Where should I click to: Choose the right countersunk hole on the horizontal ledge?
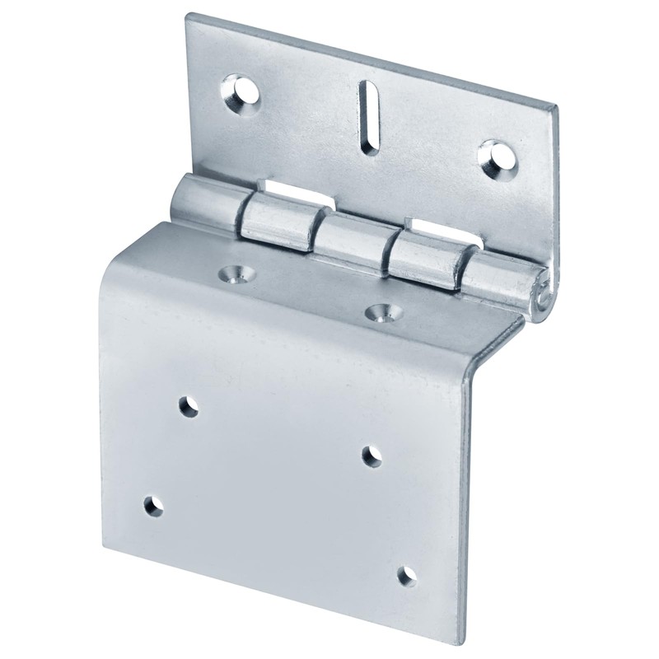[x=380, y=312]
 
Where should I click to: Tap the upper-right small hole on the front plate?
[x=372, y=455]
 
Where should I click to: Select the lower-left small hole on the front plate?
[x=152, y=505]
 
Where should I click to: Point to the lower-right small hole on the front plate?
[x=406, y=575]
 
